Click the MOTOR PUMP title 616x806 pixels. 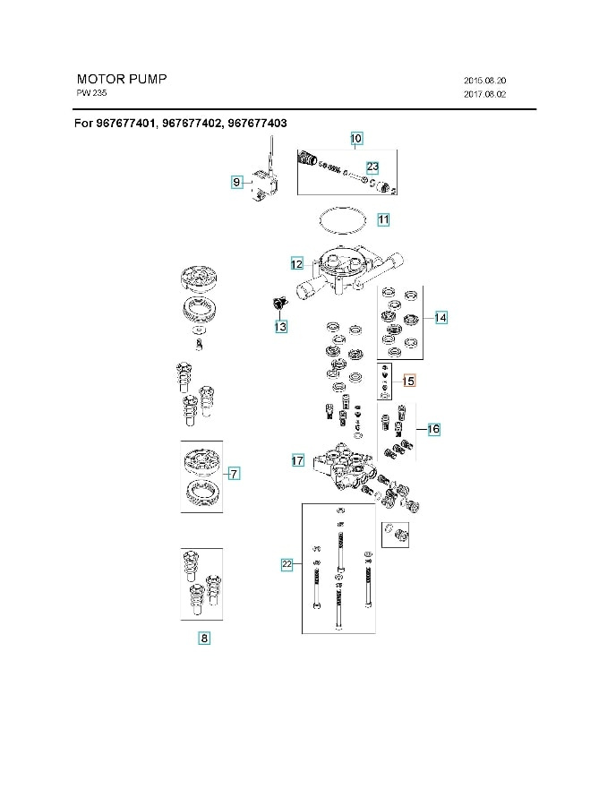121,79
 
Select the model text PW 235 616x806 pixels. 92,93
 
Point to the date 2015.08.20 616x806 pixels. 486,80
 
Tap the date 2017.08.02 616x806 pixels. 486,94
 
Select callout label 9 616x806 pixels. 237,182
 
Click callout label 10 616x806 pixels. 355,138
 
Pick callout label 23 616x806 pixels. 372,167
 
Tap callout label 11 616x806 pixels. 382,219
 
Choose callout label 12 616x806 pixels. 297,263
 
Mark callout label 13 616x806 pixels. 281,328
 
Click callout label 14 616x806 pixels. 440,318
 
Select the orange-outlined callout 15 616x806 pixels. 408,381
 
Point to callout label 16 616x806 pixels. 432,429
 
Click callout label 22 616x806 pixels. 287,564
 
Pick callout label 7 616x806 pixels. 233,473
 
